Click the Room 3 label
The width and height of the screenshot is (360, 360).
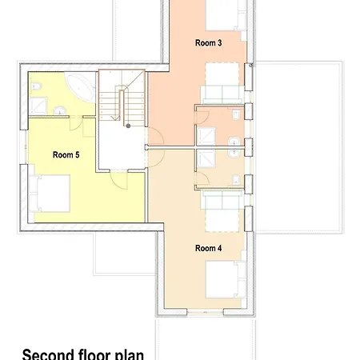click(x=208, y=43)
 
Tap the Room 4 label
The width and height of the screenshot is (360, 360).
click(x=208, y=248)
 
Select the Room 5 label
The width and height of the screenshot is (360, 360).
click(x=66, y=155)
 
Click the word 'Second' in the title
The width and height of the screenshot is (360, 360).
click(x=48, y=354)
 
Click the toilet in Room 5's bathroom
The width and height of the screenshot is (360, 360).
click(x=36, y=86)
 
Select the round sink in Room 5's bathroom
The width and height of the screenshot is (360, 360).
click(x=60, y=110)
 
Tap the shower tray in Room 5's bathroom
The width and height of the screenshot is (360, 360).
click(x=38, y=106)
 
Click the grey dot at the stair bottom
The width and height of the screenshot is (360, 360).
click(x=128, y=126)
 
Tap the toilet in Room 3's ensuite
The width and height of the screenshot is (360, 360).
click(x=236, y=115)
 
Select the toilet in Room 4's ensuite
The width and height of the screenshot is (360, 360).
click(x=236, y=180)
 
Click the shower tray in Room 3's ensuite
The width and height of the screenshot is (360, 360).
click(x=206, y=137)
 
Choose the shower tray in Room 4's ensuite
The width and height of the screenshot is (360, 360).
click(x=206, y=158)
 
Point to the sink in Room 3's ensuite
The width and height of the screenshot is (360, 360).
click(x=234, y=142)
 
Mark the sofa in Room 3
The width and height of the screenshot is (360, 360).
click(x=222, y=94)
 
